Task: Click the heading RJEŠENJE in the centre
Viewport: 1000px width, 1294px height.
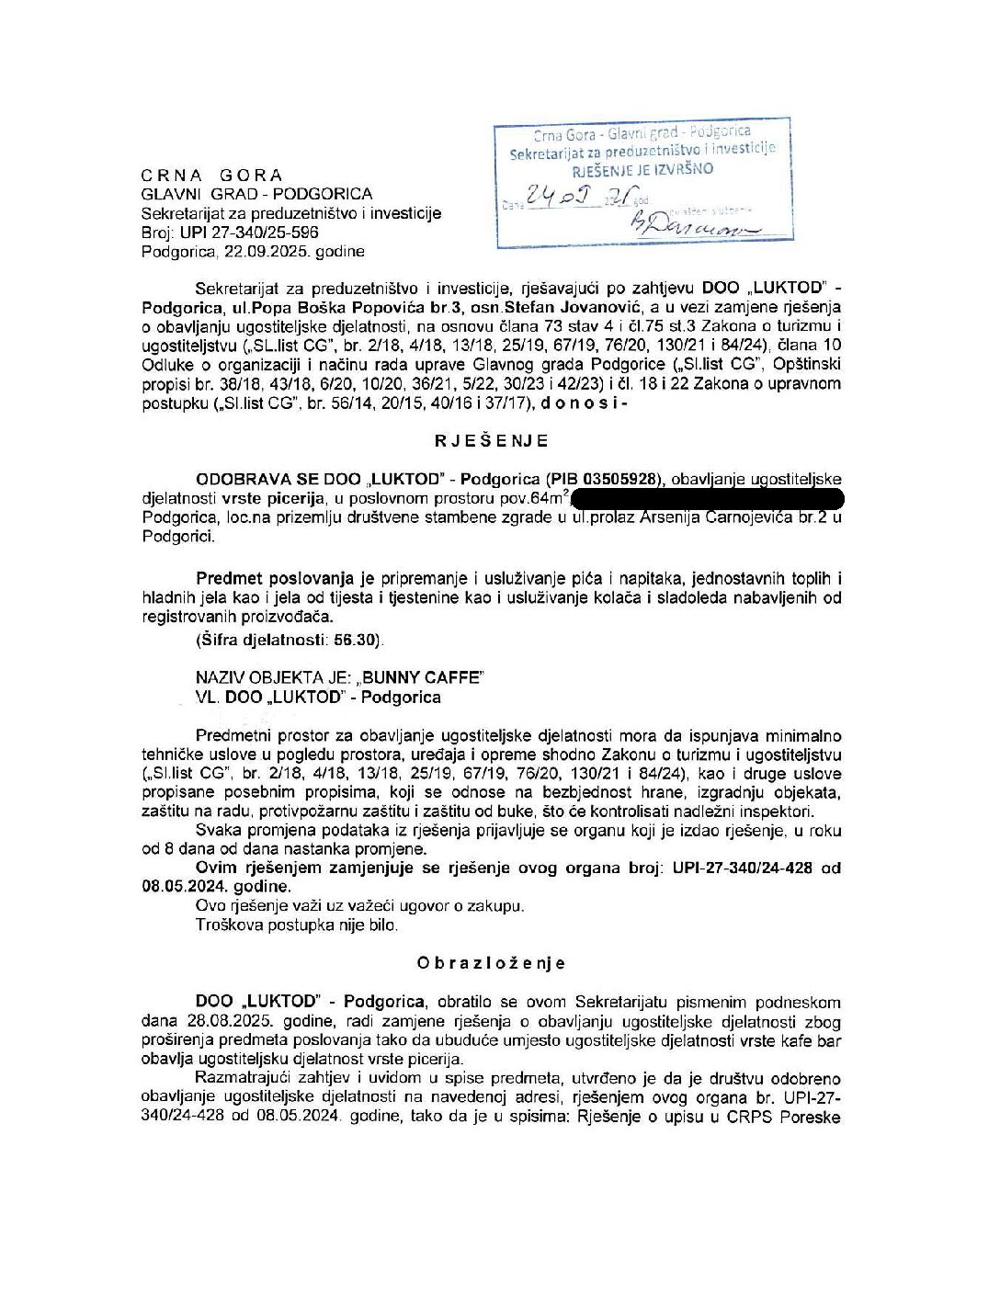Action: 493,440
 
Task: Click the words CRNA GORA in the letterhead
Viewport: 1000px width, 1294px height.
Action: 212,175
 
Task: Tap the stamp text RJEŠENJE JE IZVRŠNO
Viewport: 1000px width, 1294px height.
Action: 642,169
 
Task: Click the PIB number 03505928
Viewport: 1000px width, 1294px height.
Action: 629,479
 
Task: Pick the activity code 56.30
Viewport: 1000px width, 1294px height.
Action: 354,639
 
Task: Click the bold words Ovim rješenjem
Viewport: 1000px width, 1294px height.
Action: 254,868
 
